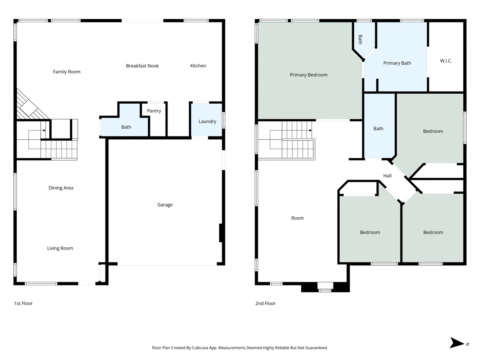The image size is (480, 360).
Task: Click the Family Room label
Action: point(67,72)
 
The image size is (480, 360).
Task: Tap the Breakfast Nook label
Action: point(142,66)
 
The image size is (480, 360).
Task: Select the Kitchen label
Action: point(198,66)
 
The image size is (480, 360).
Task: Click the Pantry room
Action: point(154,111)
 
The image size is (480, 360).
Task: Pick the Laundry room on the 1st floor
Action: point(207,121)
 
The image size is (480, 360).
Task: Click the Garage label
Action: point(165,205)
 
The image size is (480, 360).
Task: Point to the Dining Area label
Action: point(61,188)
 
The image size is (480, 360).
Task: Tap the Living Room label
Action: point(60,248)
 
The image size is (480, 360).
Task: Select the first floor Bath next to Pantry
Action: point(126,127)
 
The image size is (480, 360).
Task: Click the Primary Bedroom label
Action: point(309,75)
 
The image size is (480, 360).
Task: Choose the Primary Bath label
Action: point(397,63)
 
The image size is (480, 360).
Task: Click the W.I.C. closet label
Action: point(446,61)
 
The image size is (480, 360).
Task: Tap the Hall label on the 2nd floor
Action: point(387,176)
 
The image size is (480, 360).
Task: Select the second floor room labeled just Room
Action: point(297,218)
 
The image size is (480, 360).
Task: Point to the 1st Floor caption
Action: point(23,303)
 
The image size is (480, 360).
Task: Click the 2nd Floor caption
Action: point(265,303)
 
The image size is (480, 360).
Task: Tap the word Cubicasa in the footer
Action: point(201,348)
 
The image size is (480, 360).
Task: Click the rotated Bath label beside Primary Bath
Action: point(360,40)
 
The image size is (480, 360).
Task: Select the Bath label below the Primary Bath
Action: point(378,129)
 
